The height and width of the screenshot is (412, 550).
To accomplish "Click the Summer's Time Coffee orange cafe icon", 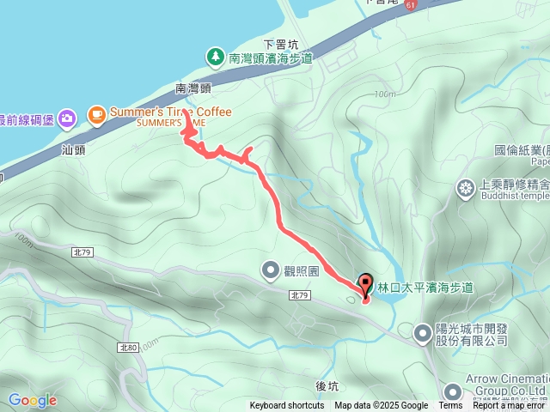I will click(x=95, y=113).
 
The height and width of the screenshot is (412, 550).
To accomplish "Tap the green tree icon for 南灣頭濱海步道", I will click(x=215, y=58).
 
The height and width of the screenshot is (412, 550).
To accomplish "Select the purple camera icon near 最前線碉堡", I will click(x=69, y=117).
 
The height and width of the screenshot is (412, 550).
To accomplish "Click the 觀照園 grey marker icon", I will click(x=271, y=271).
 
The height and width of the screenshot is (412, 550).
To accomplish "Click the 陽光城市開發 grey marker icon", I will click(x=423, y=332).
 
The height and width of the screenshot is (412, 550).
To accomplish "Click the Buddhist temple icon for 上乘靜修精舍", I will click(x=467, y=188).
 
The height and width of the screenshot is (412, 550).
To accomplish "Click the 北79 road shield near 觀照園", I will click(x=299, y=294).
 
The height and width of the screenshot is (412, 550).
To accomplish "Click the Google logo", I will click(x=32, y=400).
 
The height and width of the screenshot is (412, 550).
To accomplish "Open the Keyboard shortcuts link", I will click(x=287, y=406).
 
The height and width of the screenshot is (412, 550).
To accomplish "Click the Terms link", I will click(x=450, y=406).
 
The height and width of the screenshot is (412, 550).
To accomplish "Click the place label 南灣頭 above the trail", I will click(x=192, y=88).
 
